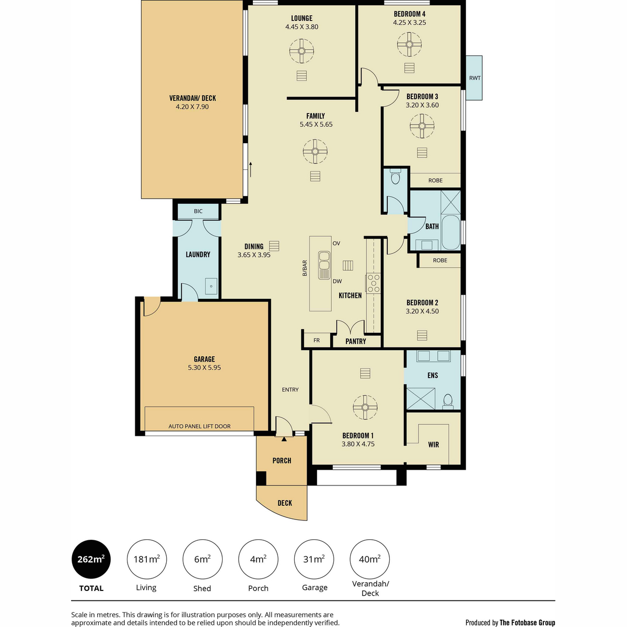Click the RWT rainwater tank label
[475, 78]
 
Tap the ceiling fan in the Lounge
[301, 51]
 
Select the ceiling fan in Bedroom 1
[365, 408]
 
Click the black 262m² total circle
[91, 559]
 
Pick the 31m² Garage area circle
[314, 559]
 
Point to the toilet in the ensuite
[448, 402]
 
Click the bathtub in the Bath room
[451, 233]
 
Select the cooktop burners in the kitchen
[373, 283]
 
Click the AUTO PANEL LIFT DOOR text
[200, 426]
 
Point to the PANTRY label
[356, 341]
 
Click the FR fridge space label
[317, 340]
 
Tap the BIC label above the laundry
[198, 211]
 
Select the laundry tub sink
[211, 286]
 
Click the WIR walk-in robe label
[433, 445]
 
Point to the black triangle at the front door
[284, 439]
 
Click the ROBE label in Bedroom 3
[435, 180]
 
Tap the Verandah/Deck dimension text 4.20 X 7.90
[192, 107]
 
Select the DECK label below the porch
[285, 503]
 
